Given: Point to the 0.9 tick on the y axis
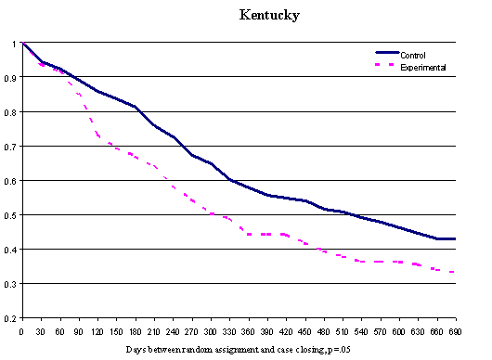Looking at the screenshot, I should pyautogui.click(x=10, y=78).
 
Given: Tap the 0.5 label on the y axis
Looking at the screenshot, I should pyautogui.click(x=10, y=215).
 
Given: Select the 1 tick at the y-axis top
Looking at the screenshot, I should pyautogui.click(x=13, y=44).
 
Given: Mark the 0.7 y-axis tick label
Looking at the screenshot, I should pyautogui.click(x=10, y=147).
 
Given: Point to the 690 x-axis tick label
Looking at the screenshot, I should pyautogui.click(x=455, y=328).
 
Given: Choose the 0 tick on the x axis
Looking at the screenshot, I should pyautogui.click(x=21, y=328).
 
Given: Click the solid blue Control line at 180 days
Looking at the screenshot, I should pyautogui.click(x=135, y=107).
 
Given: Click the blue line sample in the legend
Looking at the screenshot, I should pyautogui.click(x=385, y=56).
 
